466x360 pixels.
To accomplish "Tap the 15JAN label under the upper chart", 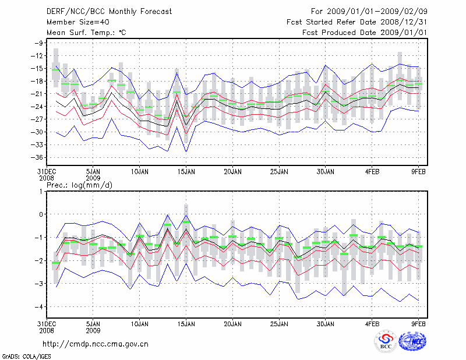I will (186, 172).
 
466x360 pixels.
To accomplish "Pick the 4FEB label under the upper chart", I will (372, 172).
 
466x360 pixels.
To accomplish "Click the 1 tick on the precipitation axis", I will (41, 191).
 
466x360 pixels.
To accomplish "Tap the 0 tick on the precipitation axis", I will (41, 214).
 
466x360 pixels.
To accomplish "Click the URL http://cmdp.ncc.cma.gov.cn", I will (96, 344).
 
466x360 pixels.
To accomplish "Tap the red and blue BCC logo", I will (385, 343).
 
